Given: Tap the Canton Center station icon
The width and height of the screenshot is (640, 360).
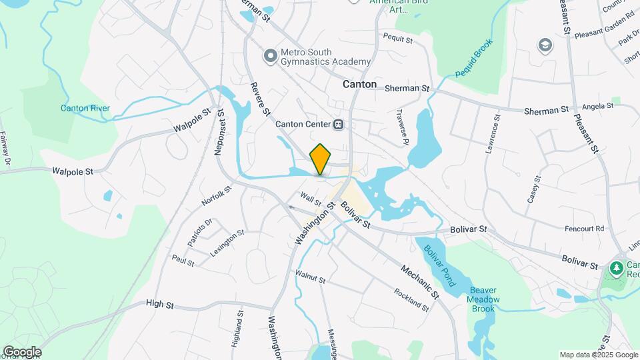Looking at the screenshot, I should (x=339, y=124).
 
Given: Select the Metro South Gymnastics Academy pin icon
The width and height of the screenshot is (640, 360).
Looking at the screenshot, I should (x=270, y=57).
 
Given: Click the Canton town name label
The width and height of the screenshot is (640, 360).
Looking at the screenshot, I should (x=359, y=85).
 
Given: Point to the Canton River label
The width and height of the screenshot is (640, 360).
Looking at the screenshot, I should (x=85, y=108).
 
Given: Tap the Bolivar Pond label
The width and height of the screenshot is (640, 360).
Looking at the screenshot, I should (x=439, y=265).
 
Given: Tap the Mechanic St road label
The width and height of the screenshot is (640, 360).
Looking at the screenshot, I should (x=419, y=281).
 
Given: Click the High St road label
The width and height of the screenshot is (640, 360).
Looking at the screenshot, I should (x=159, y=305).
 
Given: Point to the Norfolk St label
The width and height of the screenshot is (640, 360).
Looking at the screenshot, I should (x=217, y=196).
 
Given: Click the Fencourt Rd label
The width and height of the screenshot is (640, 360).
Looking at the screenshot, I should (x=584, y=228).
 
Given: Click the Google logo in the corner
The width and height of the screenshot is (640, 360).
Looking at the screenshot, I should (x=22, y=351).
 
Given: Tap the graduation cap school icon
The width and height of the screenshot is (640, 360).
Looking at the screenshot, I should (x=545, y=45).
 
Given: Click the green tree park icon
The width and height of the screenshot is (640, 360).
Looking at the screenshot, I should (x=616, y=268).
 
